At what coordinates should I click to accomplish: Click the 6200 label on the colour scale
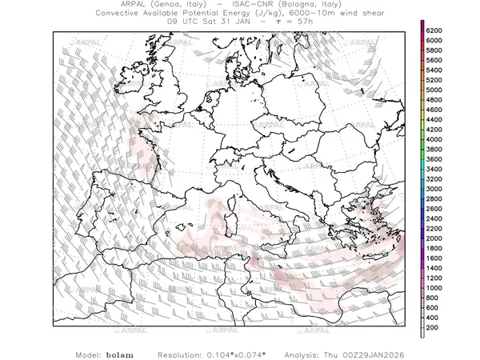pos(435,30)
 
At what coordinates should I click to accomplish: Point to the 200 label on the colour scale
pos(433,328)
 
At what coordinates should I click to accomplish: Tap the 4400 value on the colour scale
pos(435,119)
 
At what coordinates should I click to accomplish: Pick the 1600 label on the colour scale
pos(435,258)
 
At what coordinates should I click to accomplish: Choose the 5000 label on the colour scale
pos(435,90)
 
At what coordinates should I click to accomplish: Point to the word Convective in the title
pos(121,14)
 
